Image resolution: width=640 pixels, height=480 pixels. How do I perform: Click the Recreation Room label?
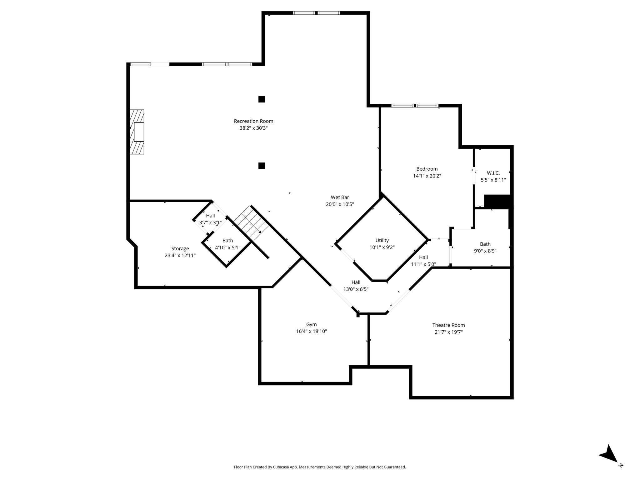pos(253,121)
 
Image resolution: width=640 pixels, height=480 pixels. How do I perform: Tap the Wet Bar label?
pos(340,197)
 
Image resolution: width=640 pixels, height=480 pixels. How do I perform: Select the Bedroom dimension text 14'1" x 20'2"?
pos(427,176)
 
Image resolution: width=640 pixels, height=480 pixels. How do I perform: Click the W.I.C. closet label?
pos(493,173)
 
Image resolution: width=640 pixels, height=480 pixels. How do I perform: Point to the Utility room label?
pos(382,240)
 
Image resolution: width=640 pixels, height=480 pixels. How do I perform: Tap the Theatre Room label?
pos(448,325)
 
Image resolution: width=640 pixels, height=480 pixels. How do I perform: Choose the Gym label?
pos(311,325)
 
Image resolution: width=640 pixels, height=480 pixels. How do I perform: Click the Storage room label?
pos(180,249)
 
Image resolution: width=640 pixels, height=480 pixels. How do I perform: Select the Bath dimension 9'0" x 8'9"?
pos(485,251)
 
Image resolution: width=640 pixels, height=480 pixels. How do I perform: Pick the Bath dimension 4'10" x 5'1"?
pos(227,247)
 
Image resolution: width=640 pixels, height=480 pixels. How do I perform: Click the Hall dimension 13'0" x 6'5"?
pos(356,289)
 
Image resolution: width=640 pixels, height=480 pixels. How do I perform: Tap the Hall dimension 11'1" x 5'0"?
pos(423,264)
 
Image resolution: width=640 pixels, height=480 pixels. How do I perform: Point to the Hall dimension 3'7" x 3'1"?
pos(210,222)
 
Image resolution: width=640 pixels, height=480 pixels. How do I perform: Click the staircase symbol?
pos(251,223)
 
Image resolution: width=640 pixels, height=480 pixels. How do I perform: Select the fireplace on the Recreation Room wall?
pos(137,132)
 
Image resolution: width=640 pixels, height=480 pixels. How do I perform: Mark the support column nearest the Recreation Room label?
pos(262,99)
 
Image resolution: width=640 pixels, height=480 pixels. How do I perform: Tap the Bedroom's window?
pos(415,106)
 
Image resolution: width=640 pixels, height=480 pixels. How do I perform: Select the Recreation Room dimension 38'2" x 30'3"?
pos(253,128)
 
